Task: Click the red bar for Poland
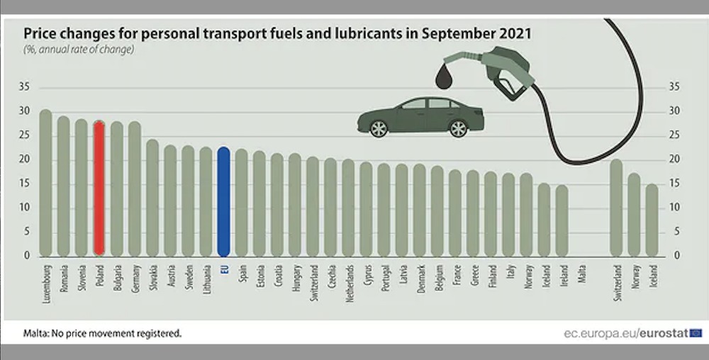click(99, 188)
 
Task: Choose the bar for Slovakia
click(152, 198)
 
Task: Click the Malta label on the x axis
click(581, 274)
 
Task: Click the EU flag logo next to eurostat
click(696, 332)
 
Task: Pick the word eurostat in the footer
click(664, 332)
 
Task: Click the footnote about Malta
click(103, 332)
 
